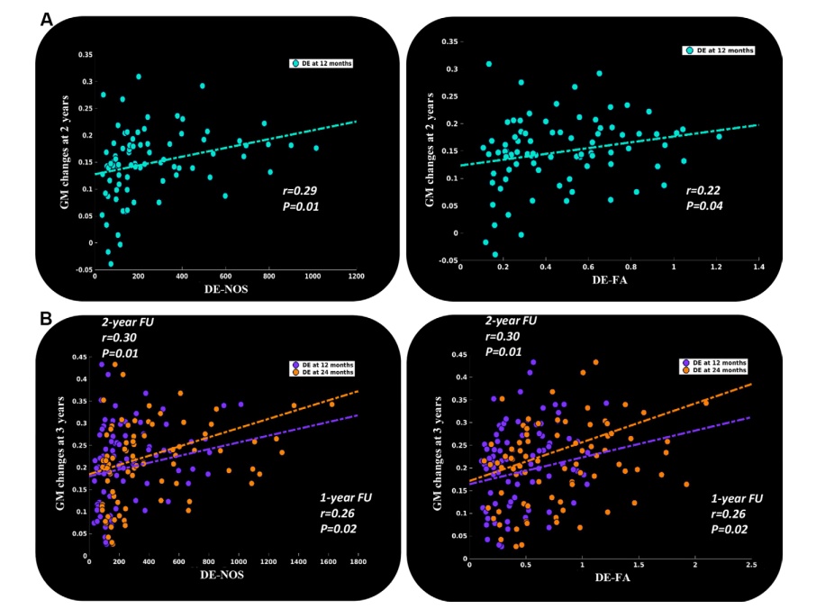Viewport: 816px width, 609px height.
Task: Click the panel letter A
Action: (x=48, y=18)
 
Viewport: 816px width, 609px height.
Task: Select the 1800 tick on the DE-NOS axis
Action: (x=358, y=563)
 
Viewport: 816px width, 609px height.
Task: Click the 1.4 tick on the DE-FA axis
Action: (x=760, y=267)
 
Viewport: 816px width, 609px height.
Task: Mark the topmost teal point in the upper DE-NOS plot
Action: (x=138, y=77)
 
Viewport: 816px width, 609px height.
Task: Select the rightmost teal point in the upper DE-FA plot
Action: (x=719, y=136)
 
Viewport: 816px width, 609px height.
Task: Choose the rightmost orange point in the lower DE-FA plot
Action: (x=705, y=403)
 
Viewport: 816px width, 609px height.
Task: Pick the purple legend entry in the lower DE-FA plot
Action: (x=713, y=363)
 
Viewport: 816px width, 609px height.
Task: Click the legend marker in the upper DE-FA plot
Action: (x=688, y=50)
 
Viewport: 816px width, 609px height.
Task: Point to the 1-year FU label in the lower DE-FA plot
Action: (x=737, y=498)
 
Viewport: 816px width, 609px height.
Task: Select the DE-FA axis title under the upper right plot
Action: (x=609, y=280)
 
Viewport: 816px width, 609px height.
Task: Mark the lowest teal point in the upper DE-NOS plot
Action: (x=111, y=264)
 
